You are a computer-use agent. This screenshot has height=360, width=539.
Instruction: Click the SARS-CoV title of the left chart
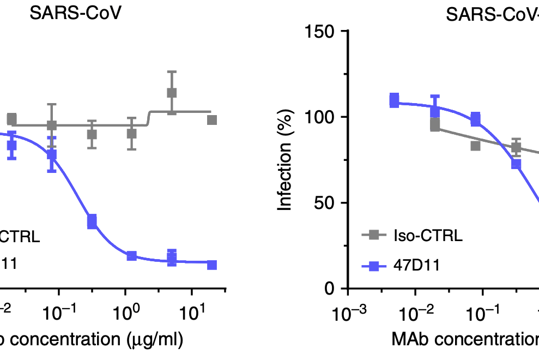pos(75,13)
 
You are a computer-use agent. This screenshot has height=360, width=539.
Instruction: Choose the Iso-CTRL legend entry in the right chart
pos(427,236)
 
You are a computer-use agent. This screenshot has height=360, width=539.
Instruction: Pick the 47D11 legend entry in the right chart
pos(416,266)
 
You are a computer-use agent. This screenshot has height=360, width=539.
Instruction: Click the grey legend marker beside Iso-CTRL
pos(373,236)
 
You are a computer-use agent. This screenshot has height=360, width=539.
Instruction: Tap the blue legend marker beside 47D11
pos(373,266)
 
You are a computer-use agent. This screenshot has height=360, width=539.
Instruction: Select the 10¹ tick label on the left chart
pos(191,315)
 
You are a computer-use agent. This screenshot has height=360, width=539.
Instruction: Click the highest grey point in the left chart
pos(172,93)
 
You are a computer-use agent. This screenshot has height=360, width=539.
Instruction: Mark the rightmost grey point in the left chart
pos(212,119)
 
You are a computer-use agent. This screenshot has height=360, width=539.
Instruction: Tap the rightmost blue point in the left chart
pos(212,265)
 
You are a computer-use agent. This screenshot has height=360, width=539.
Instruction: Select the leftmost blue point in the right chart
pos(395,101)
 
